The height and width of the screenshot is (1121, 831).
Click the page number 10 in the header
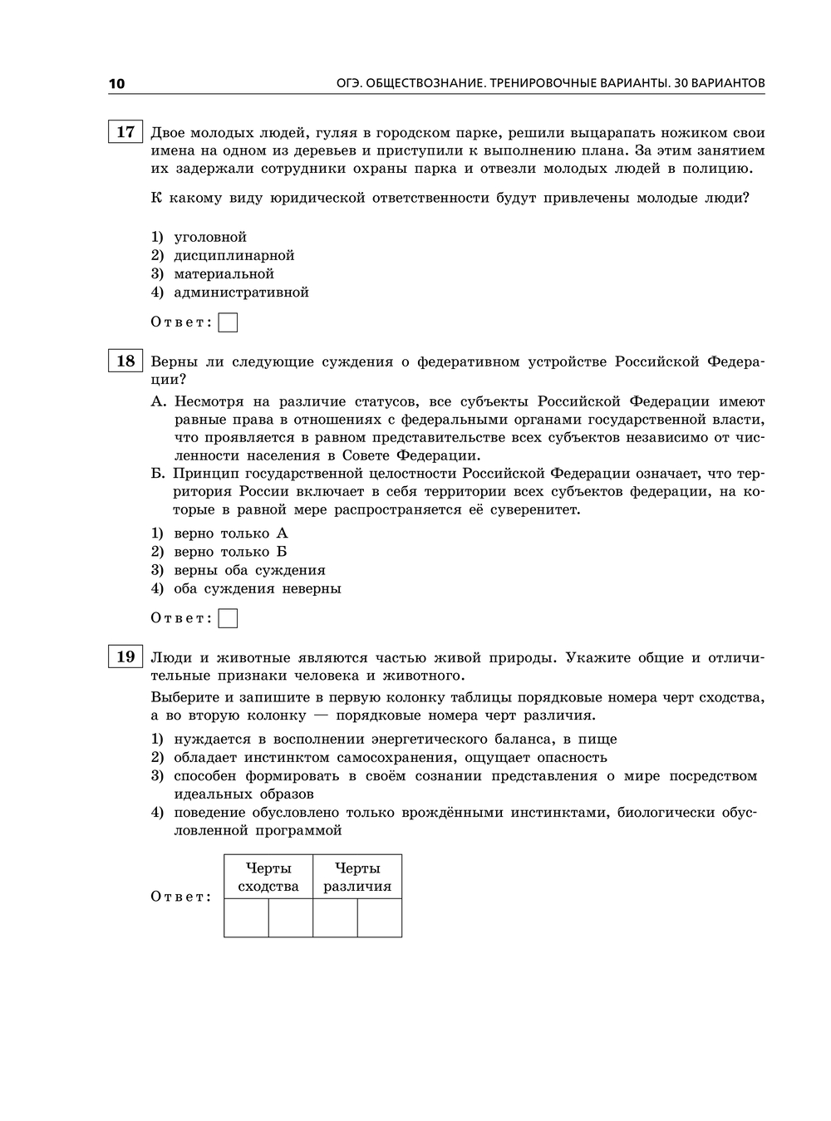[x=116, y=83]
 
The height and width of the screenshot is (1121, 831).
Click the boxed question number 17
[x=125, y=131]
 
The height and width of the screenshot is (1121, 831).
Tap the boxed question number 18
[x=125, y=361]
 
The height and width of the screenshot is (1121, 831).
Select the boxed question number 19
[x=125, y=656]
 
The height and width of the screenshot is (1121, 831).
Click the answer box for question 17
[x=228, y=322]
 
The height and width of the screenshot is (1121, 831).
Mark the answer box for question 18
[x=228, y=618]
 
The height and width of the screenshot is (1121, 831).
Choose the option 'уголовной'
[x=210, y=238]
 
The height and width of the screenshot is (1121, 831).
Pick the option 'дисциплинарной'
[x=234, y=256]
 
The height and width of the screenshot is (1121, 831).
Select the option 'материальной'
[x=224, y=274]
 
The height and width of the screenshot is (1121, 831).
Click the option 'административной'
[x=241, y=293]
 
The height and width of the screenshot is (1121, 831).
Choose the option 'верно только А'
[x=230, y=533]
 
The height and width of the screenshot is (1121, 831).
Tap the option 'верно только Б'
[x=230, y=552]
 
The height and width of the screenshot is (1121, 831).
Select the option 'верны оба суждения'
[x=249, y=570]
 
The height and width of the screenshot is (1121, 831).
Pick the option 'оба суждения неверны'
[x=257, y=588]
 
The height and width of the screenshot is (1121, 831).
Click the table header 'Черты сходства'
[x=268, y=877]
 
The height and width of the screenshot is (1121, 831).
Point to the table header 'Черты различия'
[x=357, y=877]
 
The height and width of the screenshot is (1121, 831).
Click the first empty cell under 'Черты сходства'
[x=246, y=917]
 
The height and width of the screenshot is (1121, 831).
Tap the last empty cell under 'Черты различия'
[x=380, y=917]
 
